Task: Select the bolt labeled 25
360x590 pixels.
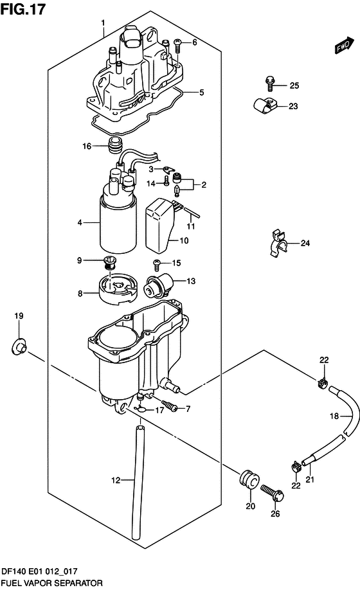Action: click(x=270, y=84)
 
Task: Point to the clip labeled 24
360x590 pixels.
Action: click(x=278, y=244)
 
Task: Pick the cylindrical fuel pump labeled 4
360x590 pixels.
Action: click(x=118, y=223)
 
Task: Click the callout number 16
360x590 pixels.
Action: click(x=87, y=146)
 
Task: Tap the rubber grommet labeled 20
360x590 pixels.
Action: click(x=249, y=479)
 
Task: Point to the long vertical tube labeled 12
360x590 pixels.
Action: click(x=138, y=482)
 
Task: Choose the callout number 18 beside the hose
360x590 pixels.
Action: click(x=334, y=416)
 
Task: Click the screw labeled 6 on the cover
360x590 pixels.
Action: click(x=178, y=46)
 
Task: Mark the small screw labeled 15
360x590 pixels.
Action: click(x=156, y=265)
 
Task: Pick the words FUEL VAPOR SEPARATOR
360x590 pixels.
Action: click(x=51, y=583)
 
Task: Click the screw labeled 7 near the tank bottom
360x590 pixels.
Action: click(x=170, y=406)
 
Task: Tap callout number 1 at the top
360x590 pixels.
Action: click(x=103, y=23)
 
